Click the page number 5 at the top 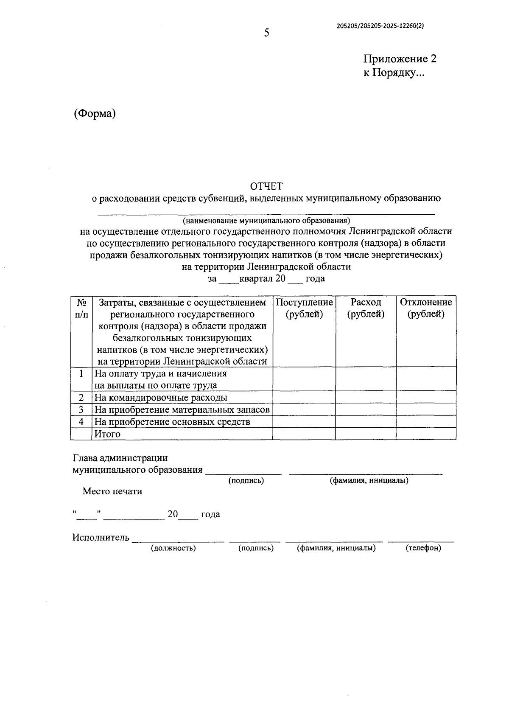(x=266, y=33)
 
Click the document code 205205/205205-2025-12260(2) (x=380, y=25)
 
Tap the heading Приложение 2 (x=400, y=59)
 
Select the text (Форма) (x=95, y=113)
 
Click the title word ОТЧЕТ (x=266, y=186)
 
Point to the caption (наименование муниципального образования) (x=266, y=221)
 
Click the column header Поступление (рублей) (x=304, y=308)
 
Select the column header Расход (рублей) (x=366, y=308)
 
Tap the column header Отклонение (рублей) (x=426, y=308)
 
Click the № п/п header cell (x=81, y=308)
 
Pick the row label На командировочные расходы (x=161, y=398)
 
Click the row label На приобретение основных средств (x=172, y=422)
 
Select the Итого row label (x=107, y=434)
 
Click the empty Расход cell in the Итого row (x=366, y=434)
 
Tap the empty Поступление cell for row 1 (x=304, y=379)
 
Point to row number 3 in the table (x=81, y=409)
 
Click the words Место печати (x=112, y=491)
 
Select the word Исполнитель (x=101, y=538)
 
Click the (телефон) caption (x=423, y=548)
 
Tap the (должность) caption (x=173, y=548)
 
